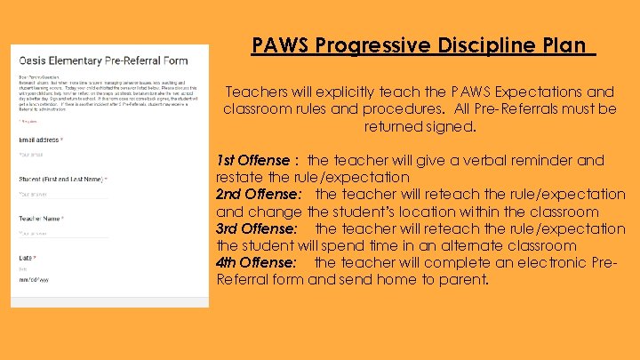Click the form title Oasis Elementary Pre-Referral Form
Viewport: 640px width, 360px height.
103,61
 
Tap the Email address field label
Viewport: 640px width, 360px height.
39,140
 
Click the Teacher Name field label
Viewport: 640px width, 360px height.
41,219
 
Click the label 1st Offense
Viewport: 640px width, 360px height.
253,161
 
